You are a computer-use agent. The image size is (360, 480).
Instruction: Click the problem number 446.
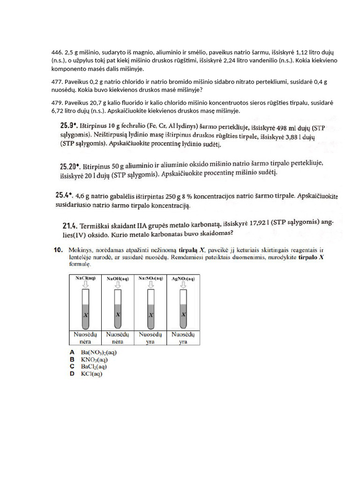[57, 53]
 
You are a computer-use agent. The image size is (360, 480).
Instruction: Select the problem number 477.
[57, 82]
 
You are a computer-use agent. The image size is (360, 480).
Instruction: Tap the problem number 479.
[57, 103]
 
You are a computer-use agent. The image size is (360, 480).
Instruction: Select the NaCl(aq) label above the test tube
[85, 278]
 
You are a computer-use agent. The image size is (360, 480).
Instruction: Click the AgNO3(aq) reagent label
[183, 278]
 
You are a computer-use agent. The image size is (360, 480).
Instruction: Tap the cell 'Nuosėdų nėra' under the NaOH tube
[117, 338]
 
